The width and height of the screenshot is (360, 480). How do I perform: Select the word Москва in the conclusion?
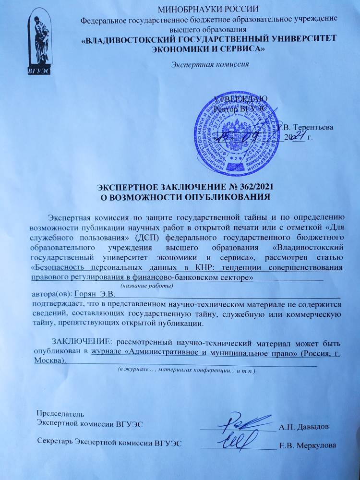[49, 360]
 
